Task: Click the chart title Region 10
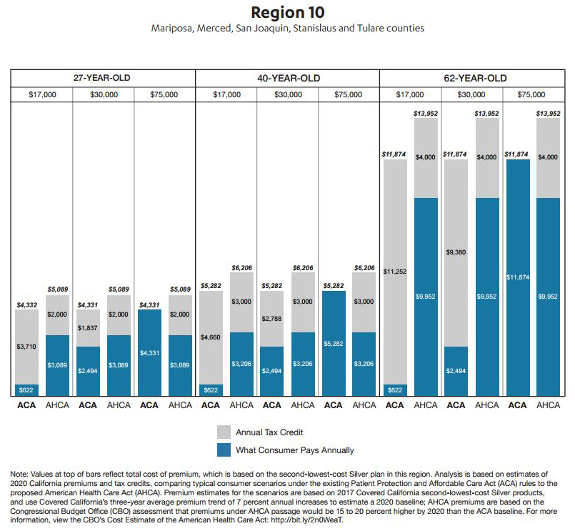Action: tap(287, 12)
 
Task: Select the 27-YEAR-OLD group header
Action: tap(101, 78)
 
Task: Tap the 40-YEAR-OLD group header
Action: tap(289, 78)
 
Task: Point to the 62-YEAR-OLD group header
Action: tap(475, 78)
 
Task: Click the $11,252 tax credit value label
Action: tap(395, 272)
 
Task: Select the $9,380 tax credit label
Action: tap(456, 252)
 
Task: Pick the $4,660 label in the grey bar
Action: tap(211, 337)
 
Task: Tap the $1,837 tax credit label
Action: tap(88, 328)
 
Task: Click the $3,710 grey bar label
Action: tap(26, 347)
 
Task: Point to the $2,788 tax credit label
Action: tap(271, 319)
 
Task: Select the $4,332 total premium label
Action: tap(26, 305)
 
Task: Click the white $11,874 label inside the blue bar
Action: tap(518, 277)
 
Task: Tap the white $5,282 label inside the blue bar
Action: tap(334, 344)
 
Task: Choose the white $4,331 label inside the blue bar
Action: tap(149, 352)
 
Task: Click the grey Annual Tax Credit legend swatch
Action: tap(224, 432)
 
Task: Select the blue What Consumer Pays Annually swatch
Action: tap(224, 450)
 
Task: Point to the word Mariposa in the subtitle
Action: tap(172, 29)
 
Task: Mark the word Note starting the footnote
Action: tap(19, 474)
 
